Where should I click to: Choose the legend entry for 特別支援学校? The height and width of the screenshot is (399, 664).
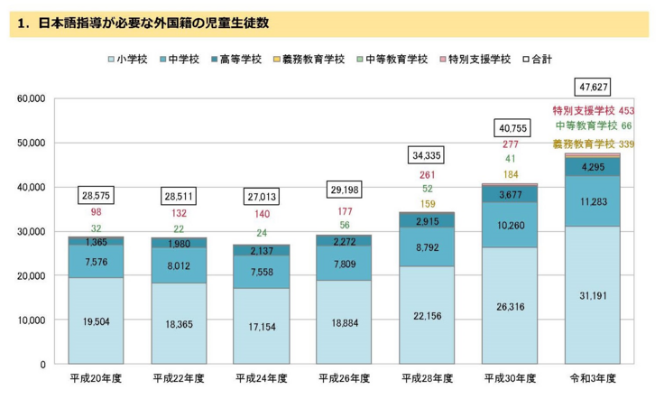481,60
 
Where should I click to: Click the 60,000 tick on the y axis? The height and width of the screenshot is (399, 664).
32,98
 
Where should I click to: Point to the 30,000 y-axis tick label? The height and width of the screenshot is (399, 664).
32,231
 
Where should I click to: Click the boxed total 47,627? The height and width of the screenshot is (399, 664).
593,88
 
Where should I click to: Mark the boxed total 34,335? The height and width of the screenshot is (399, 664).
427,155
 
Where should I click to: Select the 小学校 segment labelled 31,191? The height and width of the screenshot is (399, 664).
593,294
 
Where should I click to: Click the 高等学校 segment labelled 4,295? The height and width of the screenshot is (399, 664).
593,168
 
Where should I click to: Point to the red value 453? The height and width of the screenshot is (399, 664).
627,110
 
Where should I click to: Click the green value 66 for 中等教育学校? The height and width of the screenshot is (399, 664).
627,126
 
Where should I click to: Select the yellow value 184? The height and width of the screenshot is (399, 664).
510,174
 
